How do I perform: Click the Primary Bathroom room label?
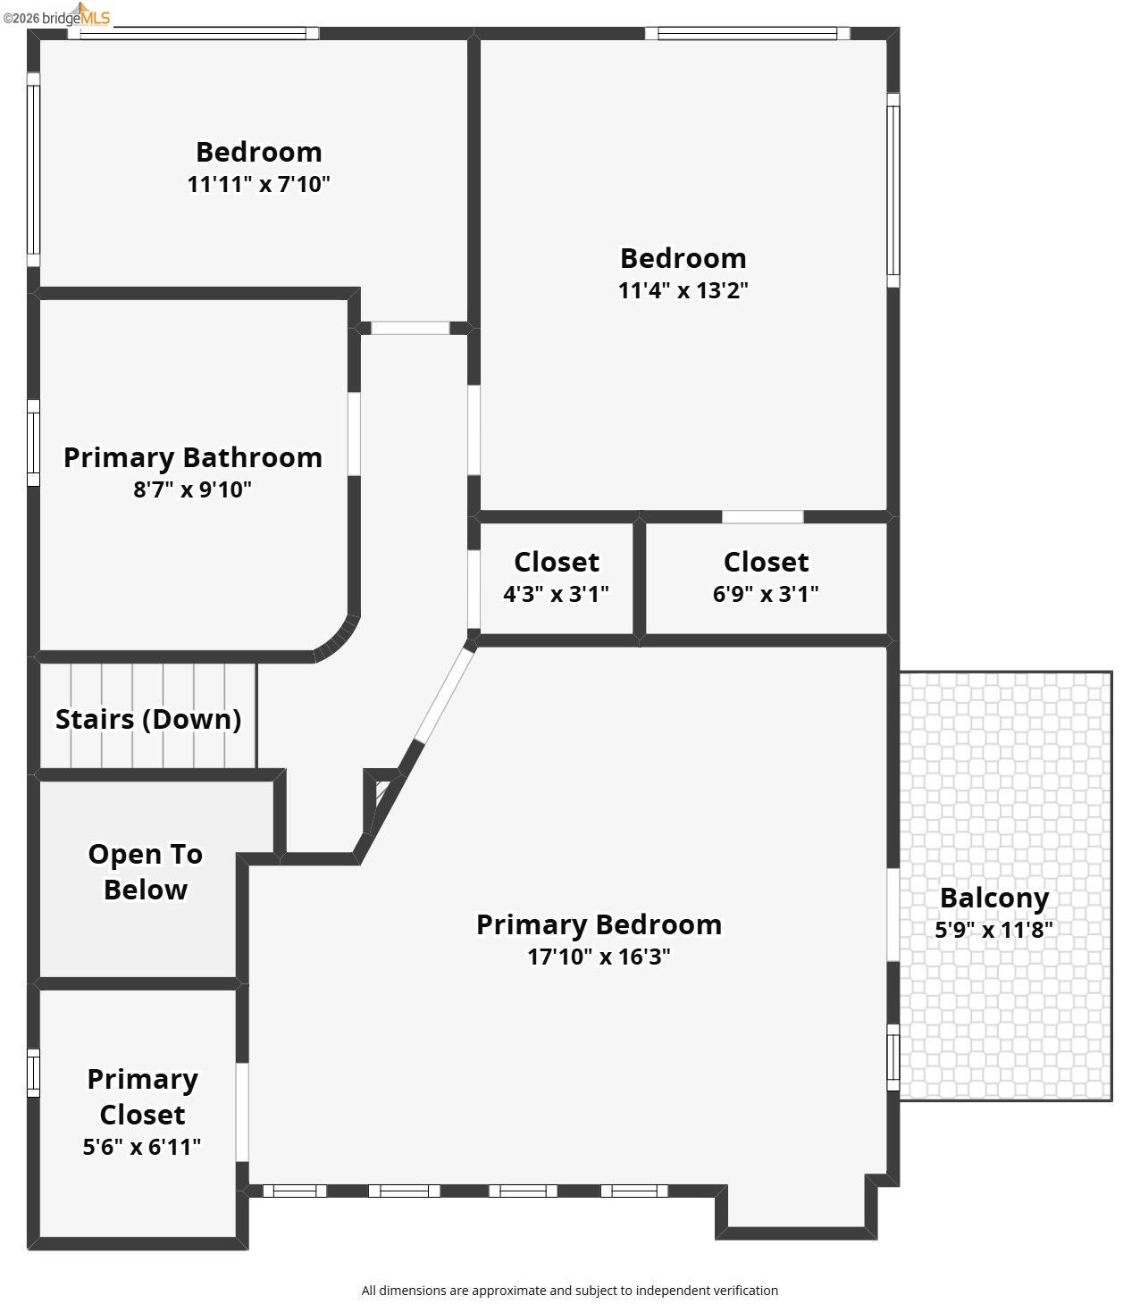pyautogui.click(x=192, y=457)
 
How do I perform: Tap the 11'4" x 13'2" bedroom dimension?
pyautogui.click(x=683, y=290)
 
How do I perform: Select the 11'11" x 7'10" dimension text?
pyautogui.click(x=258, y=184)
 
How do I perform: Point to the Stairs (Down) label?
pyautogui.click(x=148, y=719)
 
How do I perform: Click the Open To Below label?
pyautogui.click(x=145, y=872)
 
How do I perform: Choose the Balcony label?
pyautogui.click(x=993, y=898)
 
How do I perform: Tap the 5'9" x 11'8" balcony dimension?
pyautogui.click(x=993, y=930)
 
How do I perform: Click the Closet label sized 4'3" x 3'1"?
pyautogui.click(x=556, y=562)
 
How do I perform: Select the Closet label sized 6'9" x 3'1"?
pyautogui.click(x=766, y=562)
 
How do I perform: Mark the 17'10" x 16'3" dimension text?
pyautogui.click(x=599, y=957)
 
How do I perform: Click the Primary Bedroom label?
pyautogui.click(x=599, y=924)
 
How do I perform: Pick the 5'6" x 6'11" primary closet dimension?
pyautogui.click(x=142, y=1147)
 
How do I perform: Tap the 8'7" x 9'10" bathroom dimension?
pyautogui.click(x=192, y=489)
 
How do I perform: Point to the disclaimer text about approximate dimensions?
pyautogui.click(x=569, y=1290)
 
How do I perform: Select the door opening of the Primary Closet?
pyautogui.click(x=241, y=1112)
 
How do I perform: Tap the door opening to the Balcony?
pyautogui.click(x=893, y=915)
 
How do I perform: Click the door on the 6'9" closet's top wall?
pyautogui.click(x=762, y=516)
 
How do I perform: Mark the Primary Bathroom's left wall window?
pyautogui.click(x=33, y=443)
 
